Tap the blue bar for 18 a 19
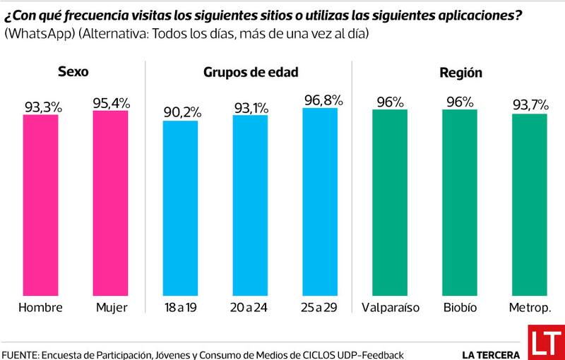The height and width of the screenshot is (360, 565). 182,208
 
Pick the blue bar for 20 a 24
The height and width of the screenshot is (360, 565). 251,205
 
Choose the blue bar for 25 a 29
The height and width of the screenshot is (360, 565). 321,202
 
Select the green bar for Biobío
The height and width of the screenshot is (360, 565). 460,203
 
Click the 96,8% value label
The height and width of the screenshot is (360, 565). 321,100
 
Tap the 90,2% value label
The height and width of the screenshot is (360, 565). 182,112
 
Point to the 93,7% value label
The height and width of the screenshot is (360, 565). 530,105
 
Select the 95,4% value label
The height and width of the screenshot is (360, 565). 111,102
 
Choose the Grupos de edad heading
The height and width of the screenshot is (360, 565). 251,72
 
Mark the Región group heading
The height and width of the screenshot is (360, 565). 460,72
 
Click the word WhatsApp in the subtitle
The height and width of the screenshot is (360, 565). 36,34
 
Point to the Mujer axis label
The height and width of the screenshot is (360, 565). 111,308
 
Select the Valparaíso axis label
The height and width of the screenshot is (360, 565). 391,308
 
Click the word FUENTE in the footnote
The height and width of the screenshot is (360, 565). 21,354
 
